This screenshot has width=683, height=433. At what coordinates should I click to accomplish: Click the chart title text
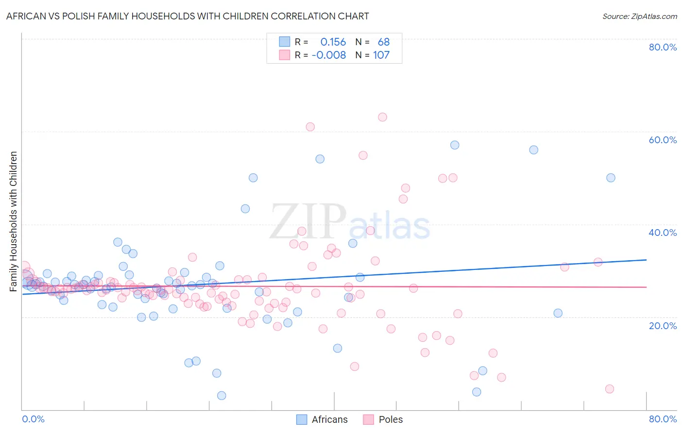(x=188, y=16)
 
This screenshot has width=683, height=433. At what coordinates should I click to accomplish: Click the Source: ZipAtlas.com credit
(x=639, y=16)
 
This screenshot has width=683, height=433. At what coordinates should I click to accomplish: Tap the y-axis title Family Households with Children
(x=13, y=221)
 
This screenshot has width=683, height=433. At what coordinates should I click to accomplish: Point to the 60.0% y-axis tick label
(x=663, y=140)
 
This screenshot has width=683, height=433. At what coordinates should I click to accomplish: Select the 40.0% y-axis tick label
(x=663, y=233)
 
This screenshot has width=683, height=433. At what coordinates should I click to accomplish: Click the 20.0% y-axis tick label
(x=663, y=326)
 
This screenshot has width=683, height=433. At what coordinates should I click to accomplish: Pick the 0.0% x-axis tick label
(x=33, y=419)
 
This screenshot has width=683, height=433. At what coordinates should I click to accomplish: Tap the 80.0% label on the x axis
(x=663, y=419)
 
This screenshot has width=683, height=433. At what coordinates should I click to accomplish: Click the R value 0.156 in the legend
(x=333, y=42)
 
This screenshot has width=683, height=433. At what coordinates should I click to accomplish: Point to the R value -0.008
(x=329, y=55)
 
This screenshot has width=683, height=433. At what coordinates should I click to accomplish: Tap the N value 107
(x=381, y=55)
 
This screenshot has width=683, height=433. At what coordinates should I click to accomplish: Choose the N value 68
(x=384, y=42)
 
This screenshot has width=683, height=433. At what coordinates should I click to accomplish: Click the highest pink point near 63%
(x=382, y=117)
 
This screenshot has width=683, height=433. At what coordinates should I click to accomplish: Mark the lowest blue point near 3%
(x=222, y=396)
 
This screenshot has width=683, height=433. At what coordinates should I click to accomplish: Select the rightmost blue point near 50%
(x=611, y=178)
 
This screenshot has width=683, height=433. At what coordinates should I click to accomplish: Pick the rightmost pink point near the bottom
(x=609, y=389)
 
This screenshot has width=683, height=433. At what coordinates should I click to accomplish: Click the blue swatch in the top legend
(x=284, y=42)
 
